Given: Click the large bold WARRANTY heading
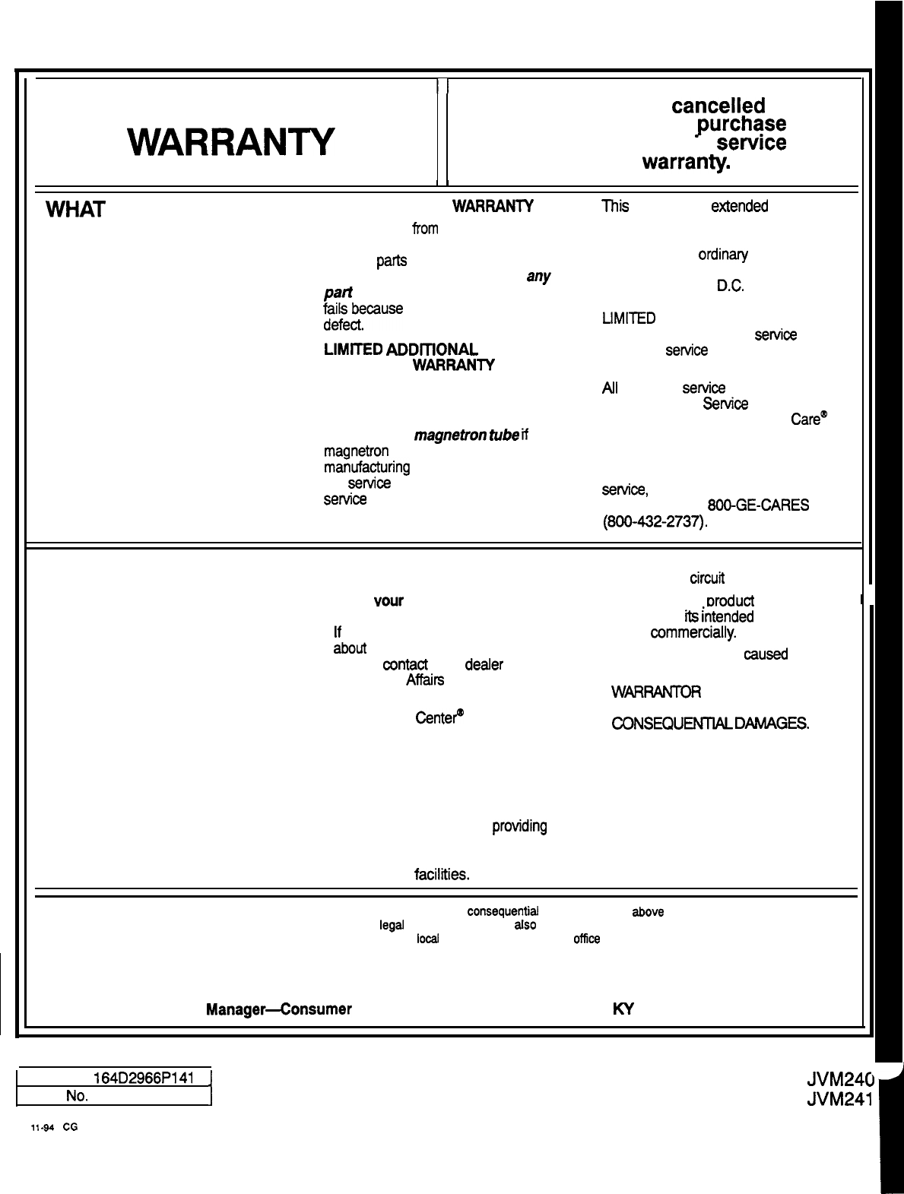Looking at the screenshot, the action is coord(231,142).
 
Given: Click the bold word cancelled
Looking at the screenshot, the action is coord(718,106).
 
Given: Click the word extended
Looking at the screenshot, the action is coord(739,206).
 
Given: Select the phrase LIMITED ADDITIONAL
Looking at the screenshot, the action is coord(401,350).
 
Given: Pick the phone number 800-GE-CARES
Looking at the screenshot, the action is coord(757,505).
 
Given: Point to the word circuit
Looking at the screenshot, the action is coord(706,578).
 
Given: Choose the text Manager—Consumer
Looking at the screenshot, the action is coord(278,1009).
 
